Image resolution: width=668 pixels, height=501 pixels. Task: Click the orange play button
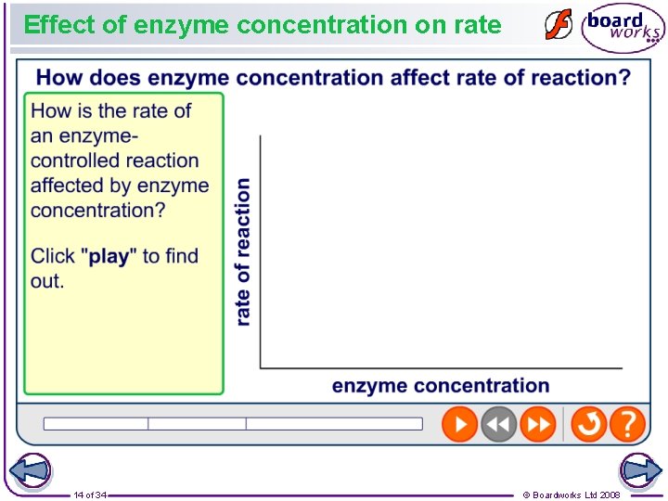[459, 424]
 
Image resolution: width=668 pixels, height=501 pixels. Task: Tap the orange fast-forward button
[538, 424]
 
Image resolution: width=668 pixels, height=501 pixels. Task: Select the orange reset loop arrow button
[588, 424]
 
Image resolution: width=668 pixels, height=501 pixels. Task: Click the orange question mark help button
[628, 424]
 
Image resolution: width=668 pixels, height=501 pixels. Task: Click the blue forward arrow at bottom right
[640, 470]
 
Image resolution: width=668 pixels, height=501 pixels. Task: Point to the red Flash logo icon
[558, 25]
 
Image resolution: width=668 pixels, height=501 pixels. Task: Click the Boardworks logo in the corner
[622, 27]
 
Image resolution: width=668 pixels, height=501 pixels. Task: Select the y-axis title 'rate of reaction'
[243, 251]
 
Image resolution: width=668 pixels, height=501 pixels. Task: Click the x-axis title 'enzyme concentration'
[440, 386]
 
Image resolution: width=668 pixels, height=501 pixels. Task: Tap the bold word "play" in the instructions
[109, 256]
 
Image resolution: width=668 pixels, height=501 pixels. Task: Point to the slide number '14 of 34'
[90, 495]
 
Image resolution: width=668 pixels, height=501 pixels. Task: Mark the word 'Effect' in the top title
[58, 25]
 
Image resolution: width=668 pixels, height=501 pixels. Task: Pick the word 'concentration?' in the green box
[97, 210]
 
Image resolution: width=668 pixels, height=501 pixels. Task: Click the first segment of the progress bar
[96, 424]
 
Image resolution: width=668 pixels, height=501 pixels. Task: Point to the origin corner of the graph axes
[261, 367]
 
